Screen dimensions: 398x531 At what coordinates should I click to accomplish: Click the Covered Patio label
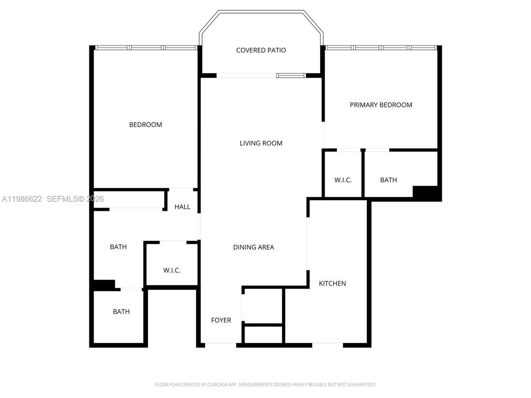click(x=261, y=50)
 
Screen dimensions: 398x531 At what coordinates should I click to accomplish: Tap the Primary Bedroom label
click(x=381, y=105)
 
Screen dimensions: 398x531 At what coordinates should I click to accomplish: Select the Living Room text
click(x=261, y=143)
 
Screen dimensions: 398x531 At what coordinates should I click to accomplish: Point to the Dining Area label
click(x=253, y=247)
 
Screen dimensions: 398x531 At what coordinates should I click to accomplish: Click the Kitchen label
click(x=332, y=284)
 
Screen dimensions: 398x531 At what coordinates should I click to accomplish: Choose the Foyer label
click(x=221, y=320)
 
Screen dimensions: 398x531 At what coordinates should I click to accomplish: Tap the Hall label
click(x=183, y=207)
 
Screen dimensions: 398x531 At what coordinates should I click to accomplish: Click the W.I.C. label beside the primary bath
click(x=343, y=180)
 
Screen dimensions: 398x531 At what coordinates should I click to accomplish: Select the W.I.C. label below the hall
click(x=172, y=270)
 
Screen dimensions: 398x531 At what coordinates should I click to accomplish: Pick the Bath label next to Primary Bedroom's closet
click(x=389, y=180)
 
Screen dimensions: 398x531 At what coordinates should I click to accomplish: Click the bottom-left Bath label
click(x=121, y=311)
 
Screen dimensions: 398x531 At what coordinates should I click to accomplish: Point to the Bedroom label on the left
click(x=146, y=124)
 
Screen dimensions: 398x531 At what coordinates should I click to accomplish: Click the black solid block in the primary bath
click(x=426, y=193)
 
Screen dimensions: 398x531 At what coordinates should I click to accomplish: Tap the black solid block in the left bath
click(x=104, y=285)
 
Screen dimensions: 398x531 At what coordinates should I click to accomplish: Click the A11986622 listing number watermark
click(x=22, y=199)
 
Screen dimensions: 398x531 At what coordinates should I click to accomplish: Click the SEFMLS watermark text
click(x=63, y=199)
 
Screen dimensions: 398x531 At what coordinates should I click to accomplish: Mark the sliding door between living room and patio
click(x=261, y=75)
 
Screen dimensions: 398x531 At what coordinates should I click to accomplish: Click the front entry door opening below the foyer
click(x=221, y=345)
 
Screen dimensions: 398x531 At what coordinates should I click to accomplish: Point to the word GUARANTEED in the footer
click(x=361, y=385)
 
